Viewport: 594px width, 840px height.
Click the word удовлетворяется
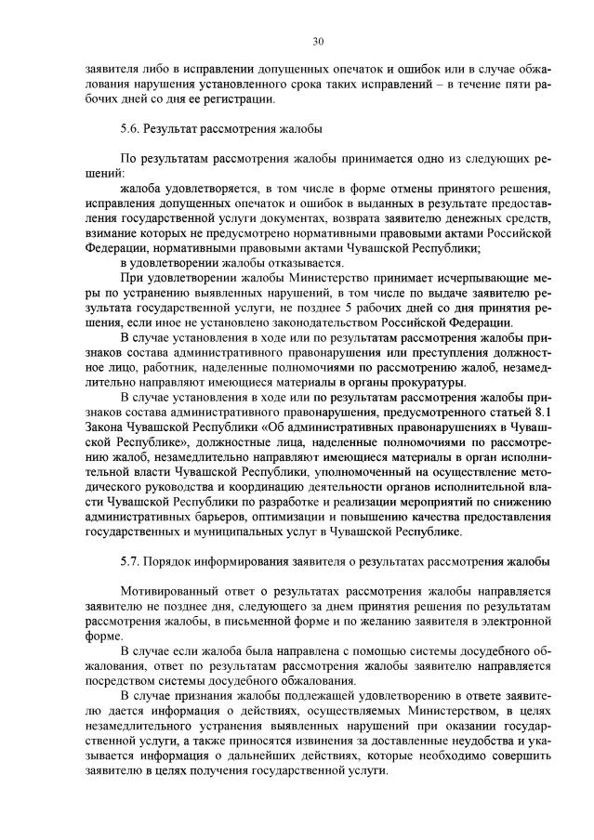[x=216, y=190]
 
